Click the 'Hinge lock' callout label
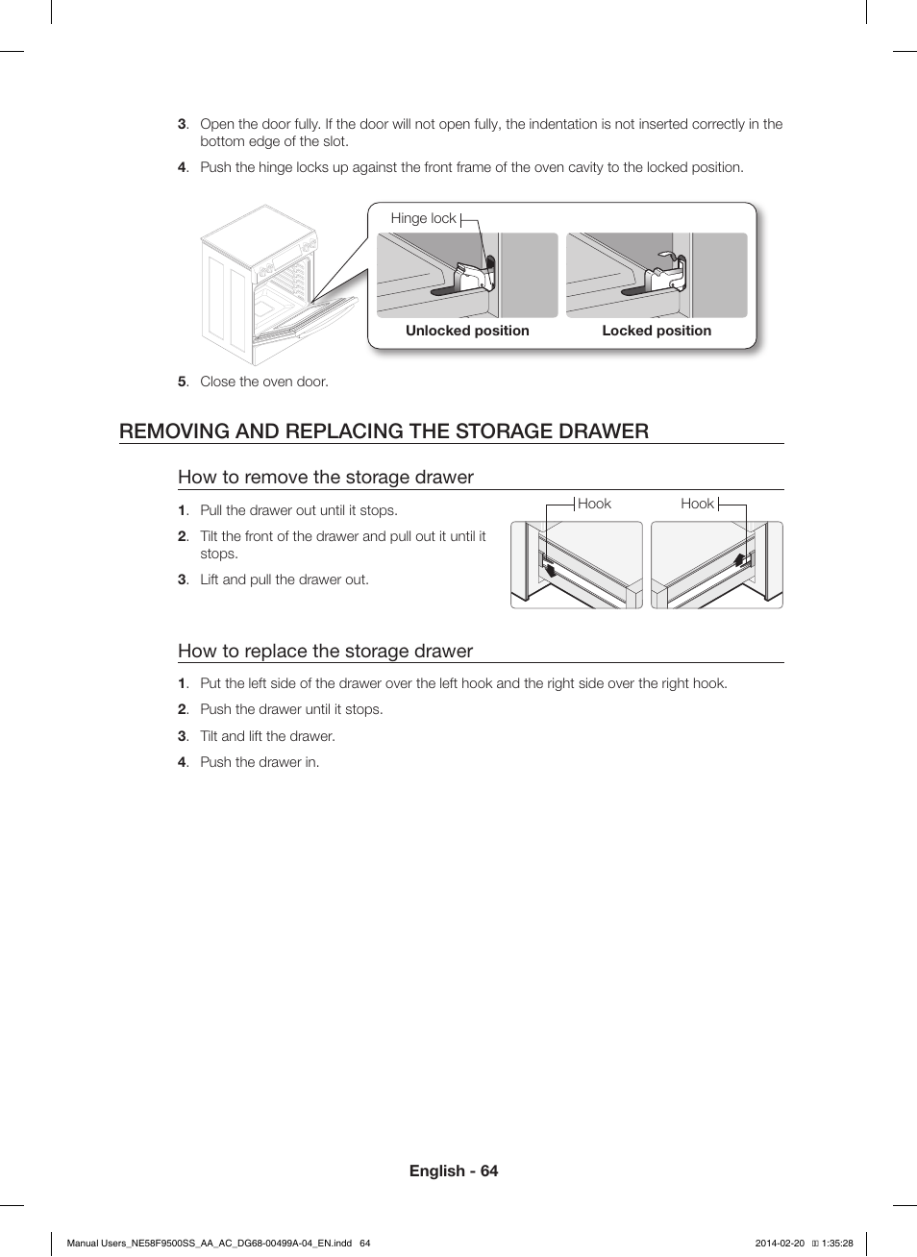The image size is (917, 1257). click(423, 218)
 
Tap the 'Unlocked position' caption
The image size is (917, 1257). click(467, 331)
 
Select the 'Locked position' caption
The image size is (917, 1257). click(657, 331)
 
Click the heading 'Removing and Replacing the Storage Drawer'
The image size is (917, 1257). click(384, 431)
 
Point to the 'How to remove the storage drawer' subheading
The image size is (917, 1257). click(326, 478)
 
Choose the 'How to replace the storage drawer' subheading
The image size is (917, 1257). click(325, 651)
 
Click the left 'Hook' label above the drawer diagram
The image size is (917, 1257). click(594, 504)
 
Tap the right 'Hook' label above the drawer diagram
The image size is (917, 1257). click(697, 504)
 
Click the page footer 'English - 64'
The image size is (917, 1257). click(454, 1171)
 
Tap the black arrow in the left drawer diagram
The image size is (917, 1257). click(549, 570)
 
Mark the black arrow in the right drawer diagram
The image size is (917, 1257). click(740, 561)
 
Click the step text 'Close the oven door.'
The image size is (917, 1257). click(264, 382)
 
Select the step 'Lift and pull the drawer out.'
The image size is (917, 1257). click(285, 579)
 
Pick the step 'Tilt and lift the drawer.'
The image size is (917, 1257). click(267, 736)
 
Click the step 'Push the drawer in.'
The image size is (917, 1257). click(260, 762)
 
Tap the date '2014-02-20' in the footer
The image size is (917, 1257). click(780, 1243)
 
